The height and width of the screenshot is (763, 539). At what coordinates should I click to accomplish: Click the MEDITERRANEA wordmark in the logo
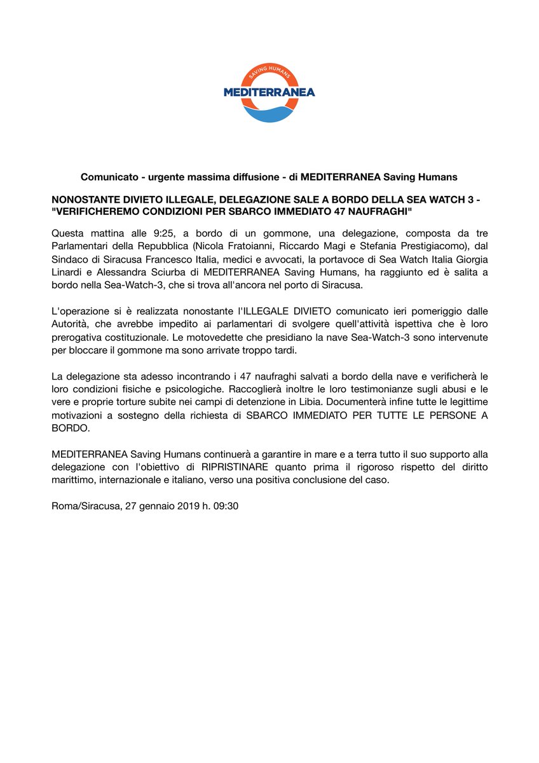point(269,93)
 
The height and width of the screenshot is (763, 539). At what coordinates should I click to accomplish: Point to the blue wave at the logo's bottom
point(269,114)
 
